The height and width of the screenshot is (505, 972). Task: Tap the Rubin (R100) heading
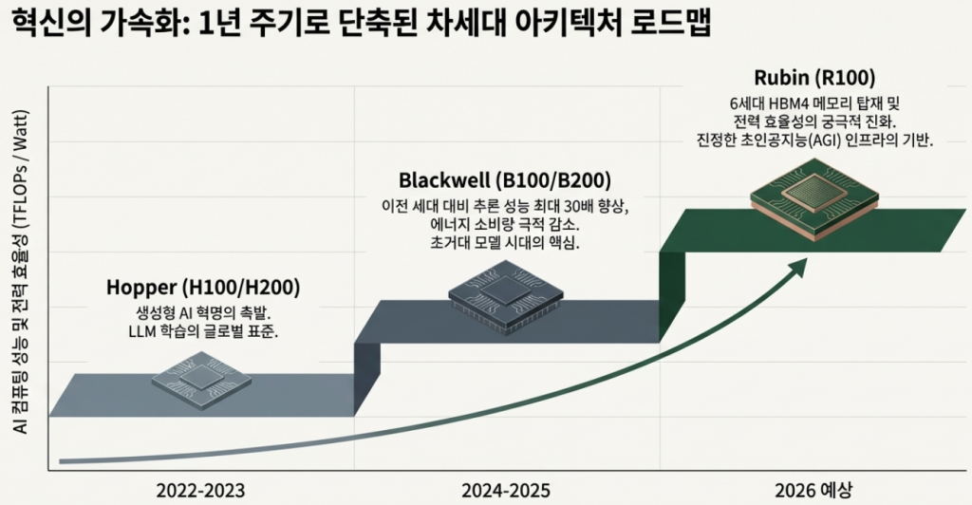pos(813,77)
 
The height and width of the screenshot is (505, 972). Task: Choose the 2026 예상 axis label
pos(813,490)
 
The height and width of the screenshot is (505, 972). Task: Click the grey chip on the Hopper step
pos(201,379)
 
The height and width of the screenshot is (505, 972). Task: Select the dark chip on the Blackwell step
pos(503,298)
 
